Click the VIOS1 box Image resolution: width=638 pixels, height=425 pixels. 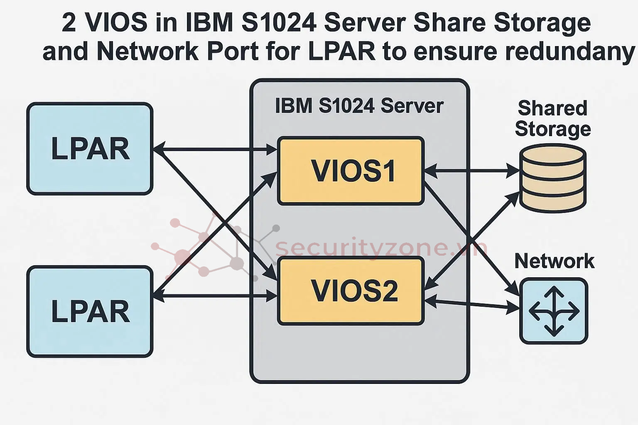click(351, 171)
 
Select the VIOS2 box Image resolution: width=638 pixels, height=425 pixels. click(351, 291)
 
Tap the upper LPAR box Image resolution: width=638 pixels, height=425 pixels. click(90, 149)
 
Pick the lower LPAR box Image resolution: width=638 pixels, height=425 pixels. click(90, 311)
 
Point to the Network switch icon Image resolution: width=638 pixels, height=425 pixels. click(554, 311)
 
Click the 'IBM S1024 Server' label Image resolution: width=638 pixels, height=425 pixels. click(359, 106)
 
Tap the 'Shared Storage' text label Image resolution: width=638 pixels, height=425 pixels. click(553, 118)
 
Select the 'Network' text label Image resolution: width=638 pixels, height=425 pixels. click(554, 261)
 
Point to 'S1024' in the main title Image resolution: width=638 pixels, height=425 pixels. click(279, 22)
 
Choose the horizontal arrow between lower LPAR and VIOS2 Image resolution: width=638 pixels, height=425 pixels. click(216, 296)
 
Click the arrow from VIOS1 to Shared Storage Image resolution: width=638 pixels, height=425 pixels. click(472, 170)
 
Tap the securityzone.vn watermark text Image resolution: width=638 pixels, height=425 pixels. click(380, 248)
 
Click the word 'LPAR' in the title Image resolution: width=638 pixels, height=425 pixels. click(341, 51)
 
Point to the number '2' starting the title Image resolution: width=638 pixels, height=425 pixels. click(69, 22)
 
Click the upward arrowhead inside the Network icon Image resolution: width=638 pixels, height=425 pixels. click(554, 291)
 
